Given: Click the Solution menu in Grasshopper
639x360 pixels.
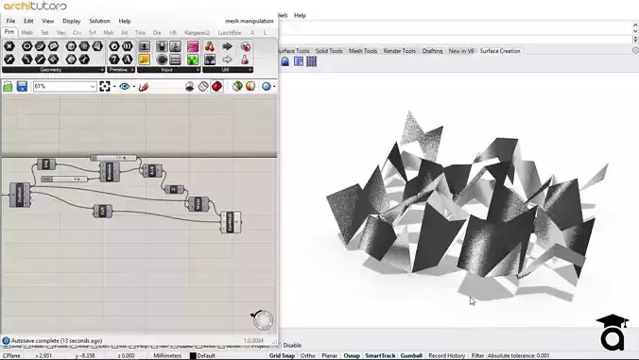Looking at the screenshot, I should (99, 20).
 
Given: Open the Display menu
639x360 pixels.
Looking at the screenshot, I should (72, 20).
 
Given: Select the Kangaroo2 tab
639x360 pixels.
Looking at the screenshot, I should (196, 32).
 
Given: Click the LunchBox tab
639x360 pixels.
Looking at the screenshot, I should (229, 32).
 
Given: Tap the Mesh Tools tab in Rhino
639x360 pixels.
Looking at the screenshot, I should (363, 50).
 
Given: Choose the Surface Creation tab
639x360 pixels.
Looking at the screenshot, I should (500, 50).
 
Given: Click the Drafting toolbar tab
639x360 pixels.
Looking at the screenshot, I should (432, 50).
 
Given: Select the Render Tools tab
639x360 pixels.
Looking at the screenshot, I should (399, 50).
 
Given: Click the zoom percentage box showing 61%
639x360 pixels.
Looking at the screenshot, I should (64, 86).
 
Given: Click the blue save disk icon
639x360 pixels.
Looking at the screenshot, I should (22, 86).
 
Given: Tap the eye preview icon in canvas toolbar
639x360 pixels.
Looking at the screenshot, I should (124, 86).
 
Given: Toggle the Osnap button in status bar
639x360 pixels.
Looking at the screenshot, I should (350, 355).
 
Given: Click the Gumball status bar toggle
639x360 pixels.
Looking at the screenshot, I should (411, 355).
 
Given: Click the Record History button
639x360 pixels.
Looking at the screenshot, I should (446, 355).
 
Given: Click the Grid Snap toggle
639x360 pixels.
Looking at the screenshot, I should (282, 355).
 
